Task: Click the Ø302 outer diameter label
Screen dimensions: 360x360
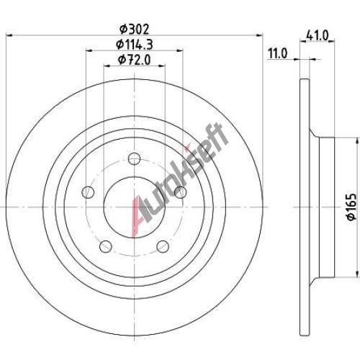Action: [x=135, y=30]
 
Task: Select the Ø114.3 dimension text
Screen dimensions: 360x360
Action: [x=135, y=45]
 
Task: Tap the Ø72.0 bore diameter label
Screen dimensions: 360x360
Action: [x=135, y=60]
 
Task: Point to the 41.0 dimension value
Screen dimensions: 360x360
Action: [x=317, y=36]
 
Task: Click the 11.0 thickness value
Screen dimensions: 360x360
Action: [x=277, y=53]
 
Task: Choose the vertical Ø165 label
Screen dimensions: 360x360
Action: [x=351, y=207]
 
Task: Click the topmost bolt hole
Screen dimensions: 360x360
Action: [x=134, y=158]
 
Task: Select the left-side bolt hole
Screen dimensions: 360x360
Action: [x=88, y=192]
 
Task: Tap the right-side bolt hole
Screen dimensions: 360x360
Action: [x=180, y=192]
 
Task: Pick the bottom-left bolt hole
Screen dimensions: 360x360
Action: [x=106, y=246]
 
